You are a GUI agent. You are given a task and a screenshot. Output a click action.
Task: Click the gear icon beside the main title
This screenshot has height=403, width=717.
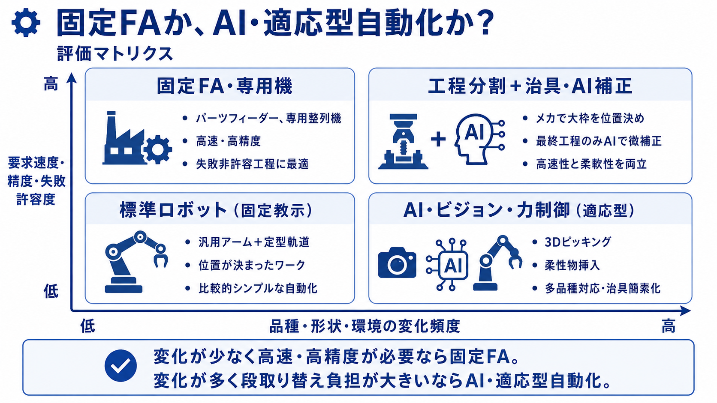click(26, 23)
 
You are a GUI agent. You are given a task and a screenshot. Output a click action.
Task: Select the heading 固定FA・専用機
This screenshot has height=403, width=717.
click(224, 86)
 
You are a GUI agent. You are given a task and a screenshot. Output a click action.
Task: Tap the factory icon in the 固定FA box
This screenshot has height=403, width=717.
click(137, 138)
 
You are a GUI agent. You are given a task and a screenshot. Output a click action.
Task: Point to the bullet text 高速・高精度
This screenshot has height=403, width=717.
click(229, 141)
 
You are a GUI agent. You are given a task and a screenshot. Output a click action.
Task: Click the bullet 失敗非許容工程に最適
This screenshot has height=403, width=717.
click(252, 164)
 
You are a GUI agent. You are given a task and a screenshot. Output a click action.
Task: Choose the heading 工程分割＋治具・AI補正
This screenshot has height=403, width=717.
click(530, 86)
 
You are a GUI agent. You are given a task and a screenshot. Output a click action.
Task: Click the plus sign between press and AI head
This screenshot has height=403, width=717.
click(438, 139)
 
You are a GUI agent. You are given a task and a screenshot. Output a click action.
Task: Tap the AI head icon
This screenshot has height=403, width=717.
click(479, 139)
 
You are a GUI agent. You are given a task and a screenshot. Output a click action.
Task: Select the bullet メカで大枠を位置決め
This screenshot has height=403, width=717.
click(590, 118)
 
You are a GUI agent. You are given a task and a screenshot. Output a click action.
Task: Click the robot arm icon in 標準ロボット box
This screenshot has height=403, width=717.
click(136, 262)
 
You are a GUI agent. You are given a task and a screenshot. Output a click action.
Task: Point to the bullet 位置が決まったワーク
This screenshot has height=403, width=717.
click(252, 265)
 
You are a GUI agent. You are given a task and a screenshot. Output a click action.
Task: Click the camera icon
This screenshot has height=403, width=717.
click(397, 263)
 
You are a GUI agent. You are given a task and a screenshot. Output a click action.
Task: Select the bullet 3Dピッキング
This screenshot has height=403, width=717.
click(578, 242)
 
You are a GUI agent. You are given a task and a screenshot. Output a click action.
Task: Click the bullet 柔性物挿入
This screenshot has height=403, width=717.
click(572, 265)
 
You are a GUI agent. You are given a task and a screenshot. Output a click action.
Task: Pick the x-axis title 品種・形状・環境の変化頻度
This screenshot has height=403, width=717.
click(365, 326)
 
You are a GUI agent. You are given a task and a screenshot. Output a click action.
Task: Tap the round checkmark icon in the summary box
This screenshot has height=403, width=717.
click(121, 366)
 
